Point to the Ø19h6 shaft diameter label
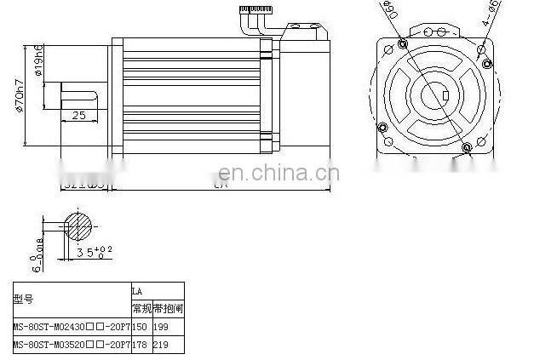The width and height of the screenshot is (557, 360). coord(40,60)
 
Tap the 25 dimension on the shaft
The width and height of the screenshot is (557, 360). coord(78,116)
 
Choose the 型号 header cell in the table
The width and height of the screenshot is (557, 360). coord(23,299)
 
